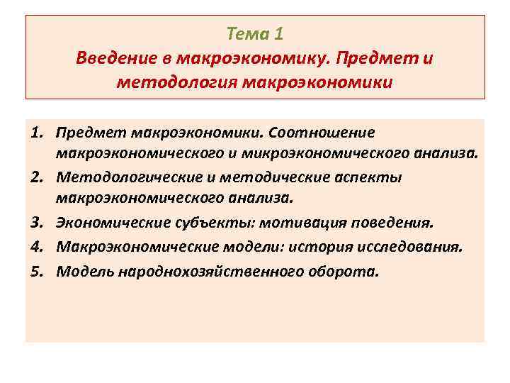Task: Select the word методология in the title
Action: (x=177, y=83)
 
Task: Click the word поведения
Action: (x=391, y=223)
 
